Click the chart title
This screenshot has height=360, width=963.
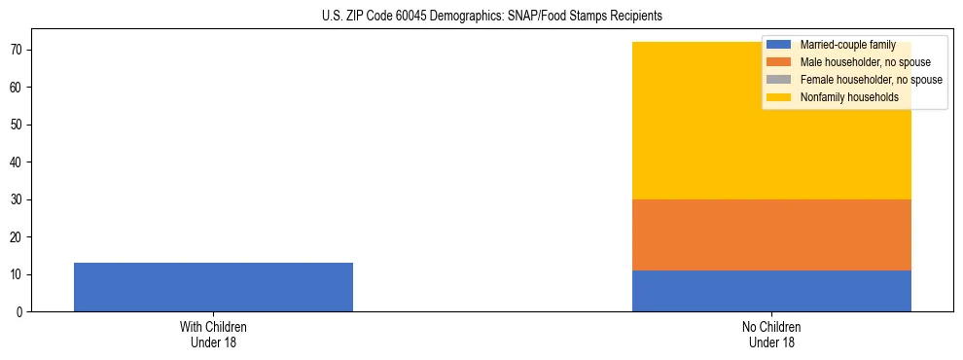click(491, 16)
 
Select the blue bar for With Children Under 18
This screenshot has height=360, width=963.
click(213, 287)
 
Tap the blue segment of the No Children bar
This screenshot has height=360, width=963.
click(771, 291)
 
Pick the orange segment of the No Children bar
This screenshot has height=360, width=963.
click(771, 234)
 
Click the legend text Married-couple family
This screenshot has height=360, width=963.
click(844, 45)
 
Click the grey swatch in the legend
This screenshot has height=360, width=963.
click(779, 80)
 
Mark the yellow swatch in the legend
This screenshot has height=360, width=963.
click(779, 97)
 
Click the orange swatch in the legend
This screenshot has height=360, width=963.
click(779, 62)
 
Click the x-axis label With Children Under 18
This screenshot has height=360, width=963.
click(213, 335)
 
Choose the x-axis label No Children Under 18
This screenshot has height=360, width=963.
click(771, 335)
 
